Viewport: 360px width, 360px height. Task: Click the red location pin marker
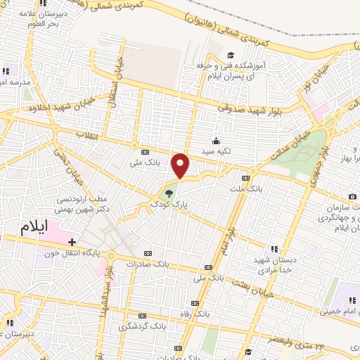click(x=181, y=166)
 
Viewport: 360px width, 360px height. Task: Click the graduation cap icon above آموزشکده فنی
click(x=230, y=55)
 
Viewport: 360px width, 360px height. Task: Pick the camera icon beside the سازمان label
click(x=352, y=196)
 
